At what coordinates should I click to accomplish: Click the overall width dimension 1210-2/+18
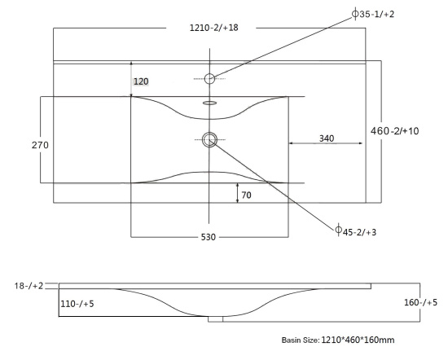(214, 28)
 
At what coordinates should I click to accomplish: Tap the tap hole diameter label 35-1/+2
(376, 14)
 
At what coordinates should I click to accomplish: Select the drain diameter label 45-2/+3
(359, 232)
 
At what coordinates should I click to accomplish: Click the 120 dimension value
(141, 81)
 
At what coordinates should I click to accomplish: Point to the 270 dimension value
(40, 145)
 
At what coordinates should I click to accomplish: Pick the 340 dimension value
(327, 138)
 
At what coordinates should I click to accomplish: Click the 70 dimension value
(246, 195)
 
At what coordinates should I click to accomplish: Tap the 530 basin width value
(209, 237)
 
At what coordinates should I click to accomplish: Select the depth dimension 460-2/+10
(394, 131)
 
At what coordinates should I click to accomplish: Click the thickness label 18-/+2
(29, 286)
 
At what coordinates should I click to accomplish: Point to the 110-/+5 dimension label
(77, 304)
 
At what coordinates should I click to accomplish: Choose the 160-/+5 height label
(420, 302)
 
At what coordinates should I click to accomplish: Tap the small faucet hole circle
(209, 74)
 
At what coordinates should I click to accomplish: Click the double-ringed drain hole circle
(209, 133)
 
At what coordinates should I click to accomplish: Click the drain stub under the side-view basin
(215, 319)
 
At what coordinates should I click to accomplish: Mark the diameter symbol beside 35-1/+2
(355, 14)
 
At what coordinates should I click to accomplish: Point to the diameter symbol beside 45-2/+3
(338, 230)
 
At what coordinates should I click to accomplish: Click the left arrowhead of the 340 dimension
(291, 143)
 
